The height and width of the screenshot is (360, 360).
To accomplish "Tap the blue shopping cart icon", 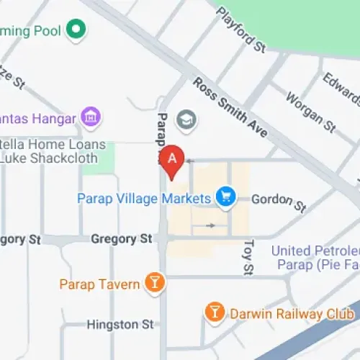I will [226, 197].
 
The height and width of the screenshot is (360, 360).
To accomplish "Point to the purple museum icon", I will [91, 117].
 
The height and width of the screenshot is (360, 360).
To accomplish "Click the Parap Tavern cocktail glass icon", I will [154, 283].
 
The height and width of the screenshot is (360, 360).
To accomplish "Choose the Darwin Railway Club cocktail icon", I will [214, 312].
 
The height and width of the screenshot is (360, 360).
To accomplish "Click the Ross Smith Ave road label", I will [230, 108].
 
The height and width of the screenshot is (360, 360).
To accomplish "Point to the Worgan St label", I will [310, 111].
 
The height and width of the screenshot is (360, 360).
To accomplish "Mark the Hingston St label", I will [120, 325].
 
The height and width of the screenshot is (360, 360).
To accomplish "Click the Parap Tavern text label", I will [99, 284].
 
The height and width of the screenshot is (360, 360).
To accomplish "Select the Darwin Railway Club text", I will [291, 314].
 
